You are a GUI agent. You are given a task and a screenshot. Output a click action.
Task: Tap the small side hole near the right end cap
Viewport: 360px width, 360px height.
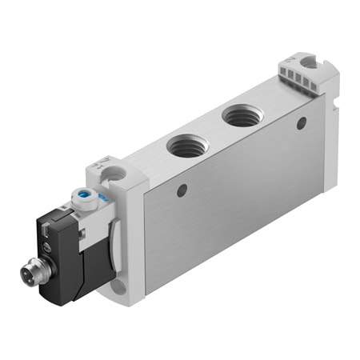click(301, 123)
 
